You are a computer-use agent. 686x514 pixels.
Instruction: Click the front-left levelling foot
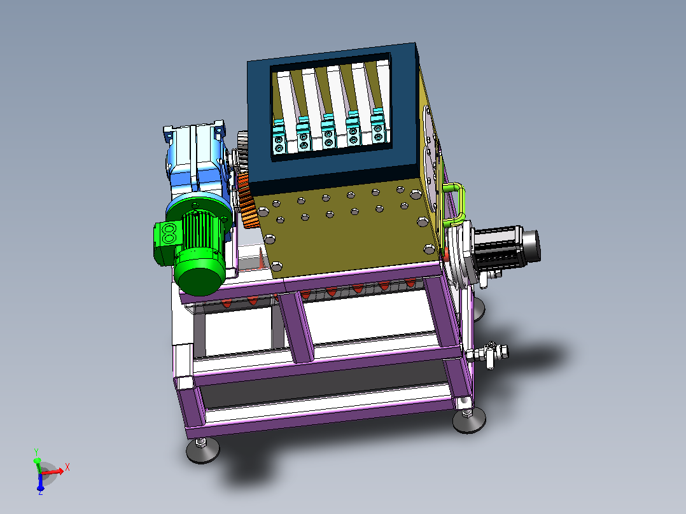pos(202,450)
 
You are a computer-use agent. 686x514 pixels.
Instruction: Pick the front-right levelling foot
pos(469,419)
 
